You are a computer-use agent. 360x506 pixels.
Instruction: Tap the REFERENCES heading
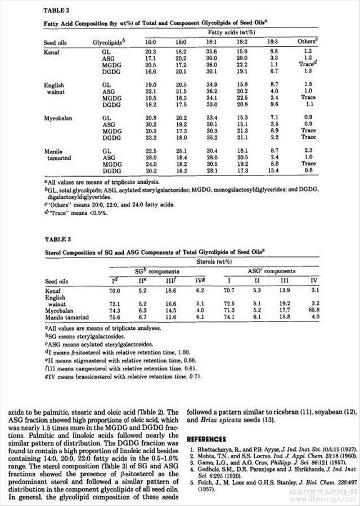[x=206, y=439]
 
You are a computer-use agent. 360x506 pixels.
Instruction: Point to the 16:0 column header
[x=151, y=42]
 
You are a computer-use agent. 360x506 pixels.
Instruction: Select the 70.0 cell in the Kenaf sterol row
[x=116, y=291]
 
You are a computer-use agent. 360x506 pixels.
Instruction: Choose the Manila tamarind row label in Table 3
[x=66, y=317]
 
